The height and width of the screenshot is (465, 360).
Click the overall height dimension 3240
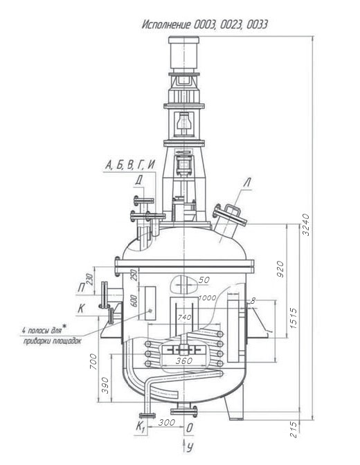pyautogui.click(x=306, y=224)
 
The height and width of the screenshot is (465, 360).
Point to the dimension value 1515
pyautogui.click(x=293, y=318)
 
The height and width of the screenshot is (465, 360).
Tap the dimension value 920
pyautogui.click(x=280, y=269)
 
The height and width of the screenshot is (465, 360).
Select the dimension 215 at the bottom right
pyautogui.click(x=294, y=429)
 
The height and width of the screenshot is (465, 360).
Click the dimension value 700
pyautogui.click(x=93, y=361)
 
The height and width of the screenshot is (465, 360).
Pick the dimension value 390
pyautogui.click(x=105, y=385)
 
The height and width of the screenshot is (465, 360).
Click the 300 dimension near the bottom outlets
pyautogui.click(x=166, y=422)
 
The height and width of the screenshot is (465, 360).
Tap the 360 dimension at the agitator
pyautogui.click(x=184, y=361)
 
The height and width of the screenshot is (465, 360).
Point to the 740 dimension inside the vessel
pyautogui.click(x=184, y=318)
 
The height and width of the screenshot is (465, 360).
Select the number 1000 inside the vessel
pyautogui.click(x=207, y=298)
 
